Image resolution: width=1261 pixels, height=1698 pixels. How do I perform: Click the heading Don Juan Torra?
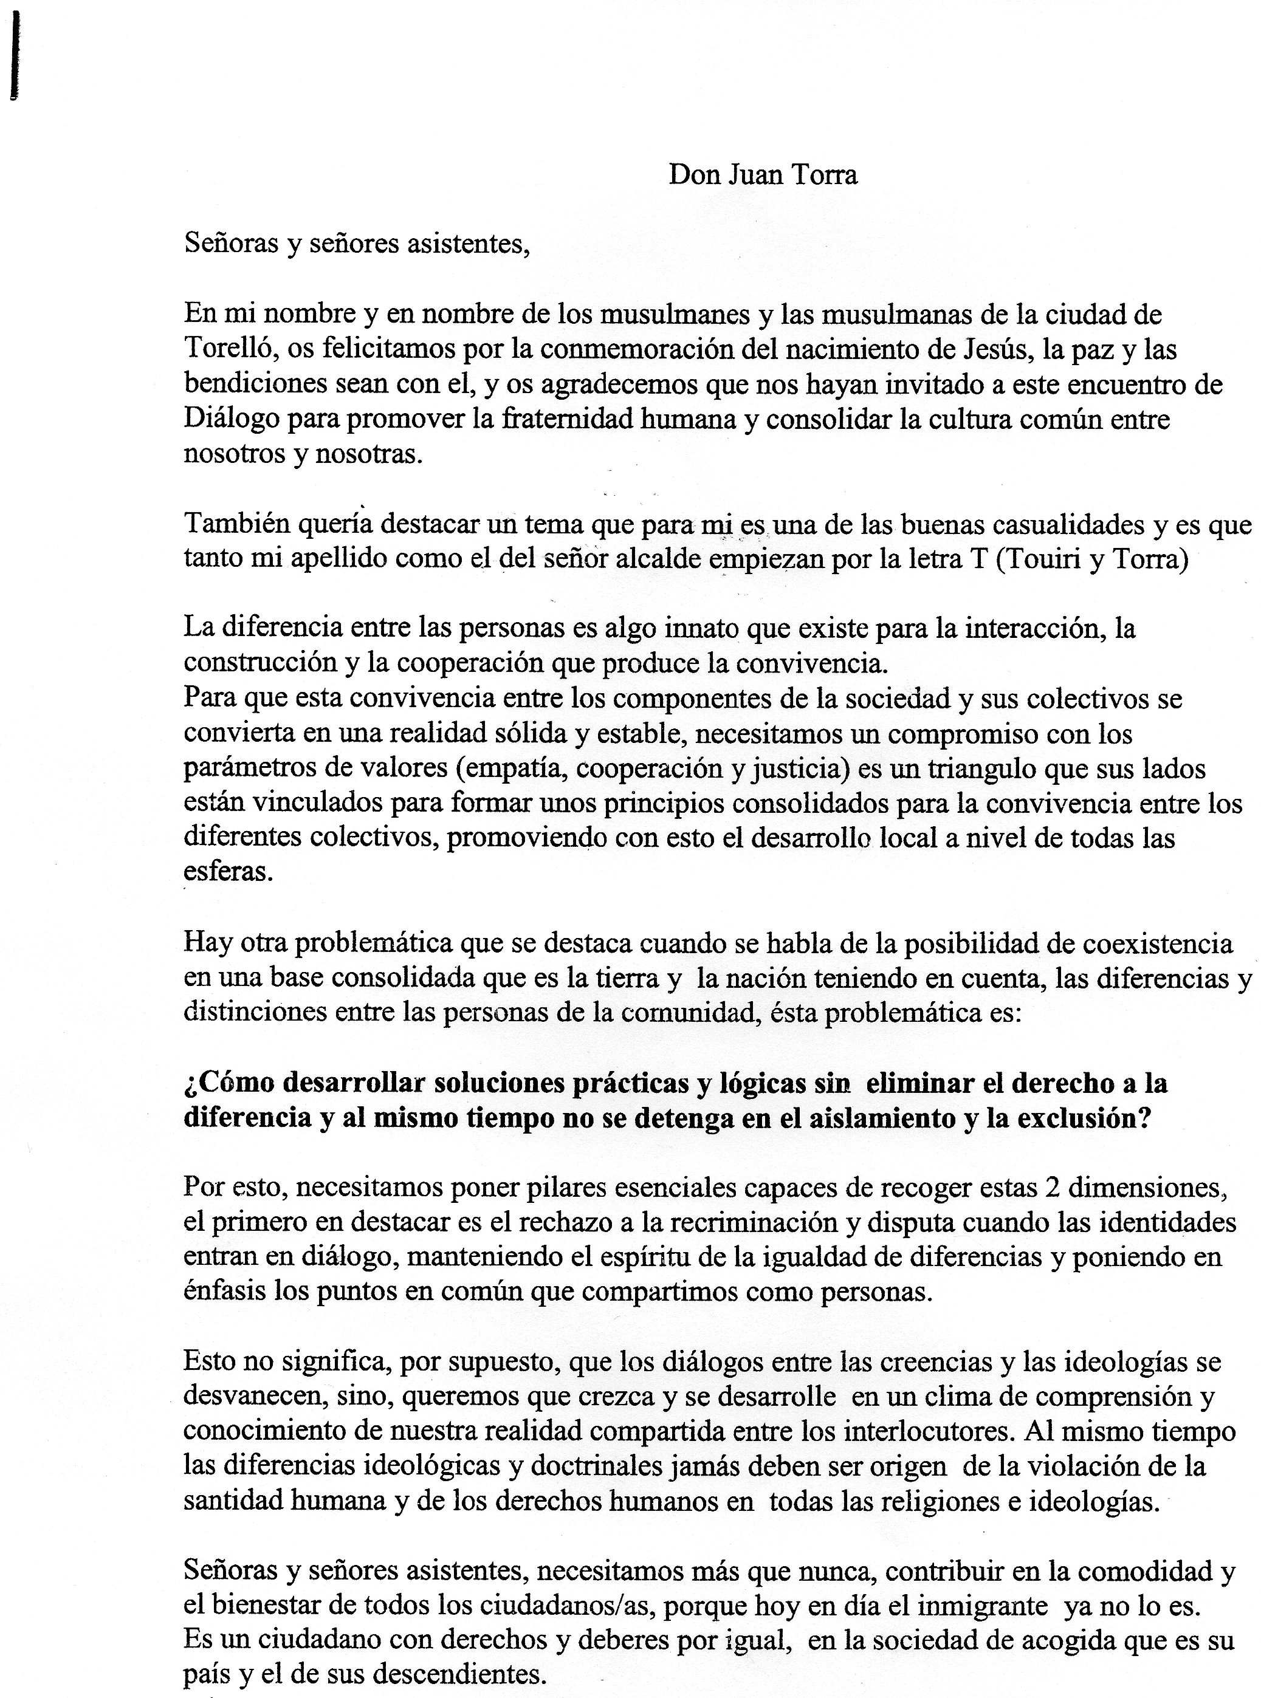763,175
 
